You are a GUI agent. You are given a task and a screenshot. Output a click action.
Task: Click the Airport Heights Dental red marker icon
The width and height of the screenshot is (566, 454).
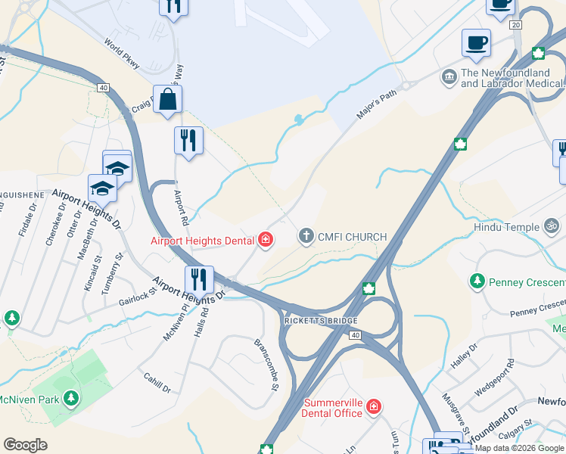[x=265, y=241]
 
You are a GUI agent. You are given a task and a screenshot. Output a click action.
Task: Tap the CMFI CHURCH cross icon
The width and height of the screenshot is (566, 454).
[x=306, y=237]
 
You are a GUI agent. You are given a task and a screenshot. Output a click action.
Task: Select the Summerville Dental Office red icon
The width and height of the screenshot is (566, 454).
[x=373, y=408]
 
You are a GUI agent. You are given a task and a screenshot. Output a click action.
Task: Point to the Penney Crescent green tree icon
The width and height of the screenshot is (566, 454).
[x=477, y=282]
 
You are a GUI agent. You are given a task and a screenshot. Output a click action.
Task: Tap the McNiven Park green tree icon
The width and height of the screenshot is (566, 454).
[x=70, y=398]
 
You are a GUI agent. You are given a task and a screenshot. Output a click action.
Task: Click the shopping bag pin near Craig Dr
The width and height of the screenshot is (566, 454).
[x=167, y=99]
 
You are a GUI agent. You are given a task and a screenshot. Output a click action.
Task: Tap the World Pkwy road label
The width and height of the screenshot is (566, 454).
[x=123, y=54]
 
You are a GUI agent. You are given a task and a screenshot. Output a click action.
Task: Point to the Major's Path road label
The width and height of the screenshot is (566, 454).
[x=376, y=104]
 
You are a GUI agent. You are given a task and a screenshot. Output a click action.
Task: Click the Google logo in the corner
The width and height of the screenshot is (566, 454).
[x=25, y=444]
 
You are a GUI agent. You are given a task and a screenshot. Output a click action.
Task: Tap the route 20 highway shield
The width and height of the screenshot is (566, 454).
[x=516, y=25]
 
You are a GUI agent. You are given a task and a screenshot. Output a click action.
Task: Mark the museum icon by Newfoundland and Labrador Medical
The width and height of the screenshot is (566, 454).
[x=449, y=76]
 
